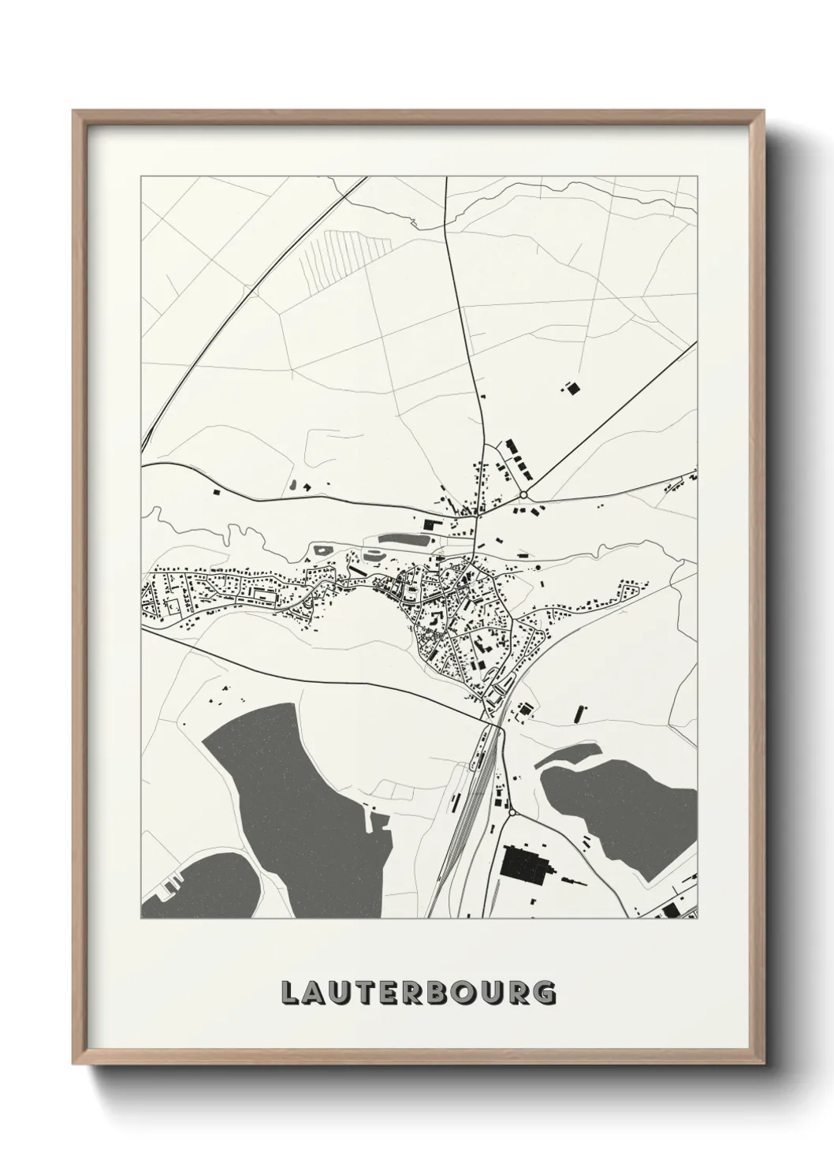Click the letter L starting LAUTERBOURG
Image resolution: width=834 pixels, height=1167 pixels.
coord(289,993)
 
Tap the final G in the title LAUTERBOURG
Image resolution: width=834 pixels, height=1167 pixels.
coord(544,993)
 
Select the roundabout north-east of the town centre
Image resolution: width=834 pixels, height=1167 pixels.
coord(523,494)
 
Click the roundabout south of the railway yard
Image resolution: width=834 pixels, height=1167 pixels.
coord(512,811)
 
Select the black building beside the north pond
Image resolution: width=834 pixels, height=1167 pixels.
coord(430,524)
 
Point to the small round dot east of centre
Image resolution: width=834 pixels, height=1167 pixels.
coord(538,566)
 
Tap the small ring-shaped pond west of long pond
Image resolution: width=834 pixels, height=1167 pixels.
coord(322,547)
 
